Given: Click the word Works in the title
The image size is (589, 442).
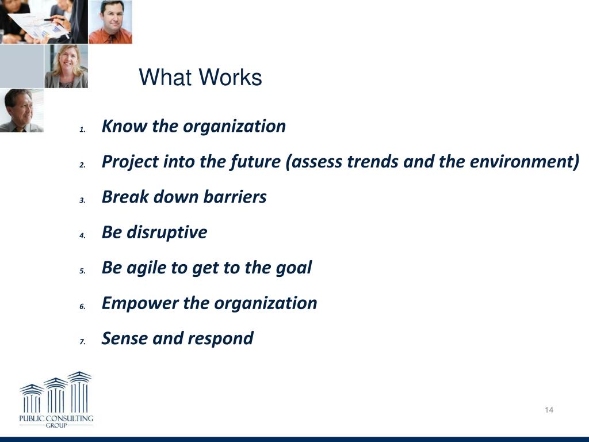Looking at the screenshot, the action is (230, 77).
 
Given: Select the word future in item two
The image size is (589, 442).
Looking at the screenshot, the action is (255, 162).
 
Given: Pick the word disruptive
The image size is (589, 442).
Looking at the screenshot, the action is (167, 233).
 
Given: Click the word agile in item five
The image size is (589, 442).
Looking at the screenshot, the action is (146, 268).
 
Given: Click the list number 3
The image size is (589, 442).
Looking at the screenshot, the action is (83, 200).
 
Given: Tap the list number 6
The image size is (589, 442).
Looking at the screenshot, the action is (83, 307).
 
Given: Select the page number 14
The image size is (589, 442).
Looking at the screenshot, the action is (549, 410).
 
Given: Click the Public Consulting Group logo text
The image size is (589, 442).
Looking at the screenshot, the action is (56, 421).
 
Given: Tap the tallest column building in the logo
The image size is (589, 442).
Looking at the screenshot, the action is (79, 392).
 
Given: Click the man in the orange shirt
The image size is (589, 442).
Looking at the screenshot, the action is (110, 22).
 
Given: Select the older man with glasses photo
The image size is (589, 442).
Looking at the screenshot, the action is (22, 110).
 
